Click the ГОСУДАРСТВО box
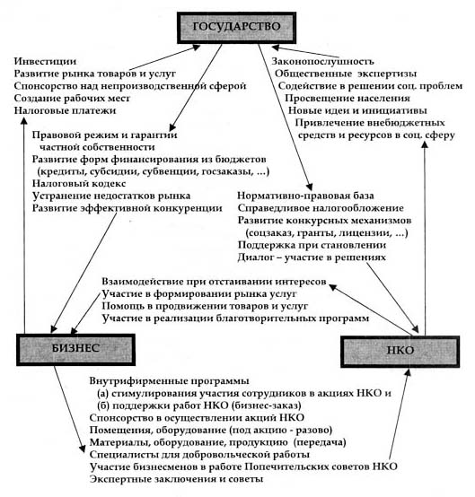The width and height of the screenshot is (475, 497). pos(237,28)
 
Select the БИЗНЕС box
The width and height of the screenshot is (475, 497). pos(75,349)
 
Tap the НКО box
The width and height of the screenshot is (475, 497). pos(400,351)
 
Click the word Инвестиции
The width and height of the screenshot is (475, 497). pos(45,61)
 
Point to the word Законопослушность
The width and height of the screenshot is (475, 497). pos(322,61)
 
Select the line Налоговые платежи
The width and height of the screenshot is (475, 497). pos(65,110)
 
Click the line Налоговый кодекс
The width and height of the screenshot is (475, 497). pos(79,184)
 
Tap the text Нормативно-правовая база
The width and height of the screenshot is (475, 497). pos(305,196)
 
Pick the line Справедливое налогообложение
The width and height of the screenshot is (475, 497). pos(321,208)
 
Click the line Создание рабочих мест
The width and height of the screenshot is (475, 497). pos(72,99)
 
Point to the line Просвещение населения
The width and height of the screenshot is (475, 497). pos(347,99)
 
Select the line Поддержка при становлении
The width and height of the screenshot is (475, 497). pos(312,245)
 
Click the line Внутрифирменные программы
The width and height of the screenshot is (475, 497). pos(169,380)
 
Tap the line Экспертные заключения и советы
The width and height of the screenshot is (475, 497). pos(176,479)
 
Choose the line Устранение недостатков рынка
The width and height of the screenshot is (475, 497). pos(111,196)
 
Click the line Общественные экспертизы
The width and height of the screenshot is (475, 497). pos(346,74)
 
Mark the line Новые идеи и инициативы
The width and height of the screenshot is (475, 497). pos(357,110)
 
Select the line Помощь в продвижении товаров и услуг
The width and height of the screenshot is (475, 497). pos(205,306)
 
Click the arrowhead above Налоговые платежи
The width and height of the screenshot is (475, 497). pos(24,120)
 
